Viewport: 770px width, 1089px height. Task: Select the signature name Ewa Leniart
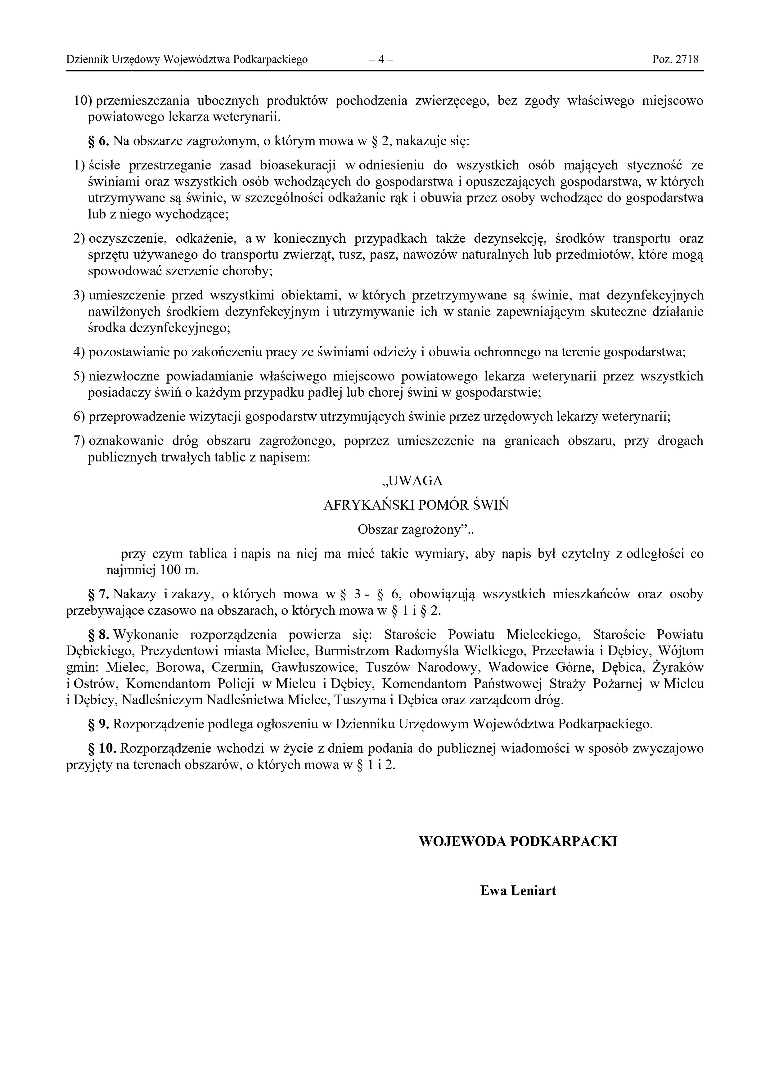pos(518,891)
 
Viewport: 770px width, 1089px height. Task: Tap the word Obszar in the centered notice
pos(378,530)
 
